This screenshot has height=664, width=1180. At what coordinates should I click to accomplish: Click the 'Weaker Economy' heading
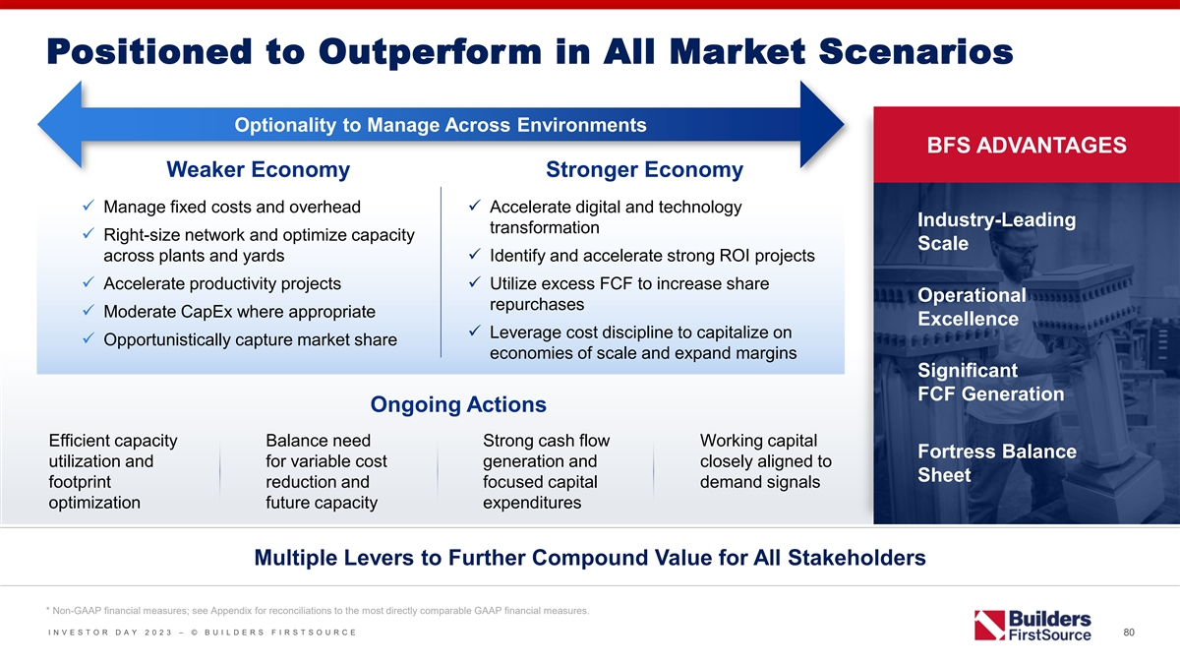(x=258, y=169)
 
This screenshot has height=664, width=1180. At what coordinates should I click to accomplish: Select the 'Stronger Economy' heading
(x=644, y=169)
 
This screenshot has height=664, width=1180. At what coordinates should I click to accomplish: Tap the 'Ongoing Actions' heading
(x=458, y=404)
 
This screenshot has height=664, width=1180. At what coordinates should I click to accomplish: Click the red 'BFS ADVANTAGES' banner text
(x=1027, y=145)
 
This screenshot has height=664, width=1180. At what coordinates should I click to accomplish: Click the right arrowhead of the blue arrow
(x=822, y=125)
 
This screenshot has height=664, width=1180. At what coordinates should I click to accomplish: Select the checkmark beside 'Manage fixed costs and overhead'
(x=88, y=205)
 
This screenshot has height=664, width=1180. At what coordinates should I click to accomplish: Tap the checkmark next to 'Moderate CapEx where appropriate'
(x=88, y=310)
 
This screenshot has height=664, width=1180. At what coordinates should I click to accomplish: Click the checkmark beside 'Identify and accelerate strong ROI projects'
(x=475, y=254)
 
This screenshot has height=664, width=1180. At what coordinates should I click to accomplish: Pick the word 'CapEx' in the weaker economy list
(x=206, y=312)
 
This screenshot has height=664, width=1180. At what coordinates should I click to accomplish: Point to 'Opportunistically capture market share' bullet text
(x=250, y=340)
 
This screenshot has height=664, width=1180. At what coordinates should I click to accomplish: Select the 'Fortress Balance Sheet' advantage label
(x=997, y=463)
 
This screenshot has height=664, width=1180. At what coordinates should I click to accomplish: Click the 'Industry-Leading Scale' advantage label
(x=997, y=231)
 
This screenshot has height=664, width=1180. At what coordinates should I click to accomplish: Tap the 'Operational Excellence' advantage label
(x=972, y=307)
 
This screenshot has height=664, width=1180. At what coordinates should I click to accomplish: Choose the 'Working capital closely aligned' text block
(x=765, y=461)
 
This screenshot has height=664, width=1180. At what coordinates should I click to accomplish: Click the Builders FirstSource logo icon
(x=989, y=625)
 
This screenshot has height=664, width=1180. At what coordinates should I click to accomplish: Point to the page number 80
(x=1129, y=633)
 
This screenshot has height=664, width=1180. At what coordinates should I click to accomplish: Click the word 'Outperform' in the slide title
(x=430, y=52)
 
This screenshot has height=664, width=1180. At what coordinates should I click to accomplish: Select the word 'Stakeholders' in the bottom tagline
(x=856, y=558)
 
